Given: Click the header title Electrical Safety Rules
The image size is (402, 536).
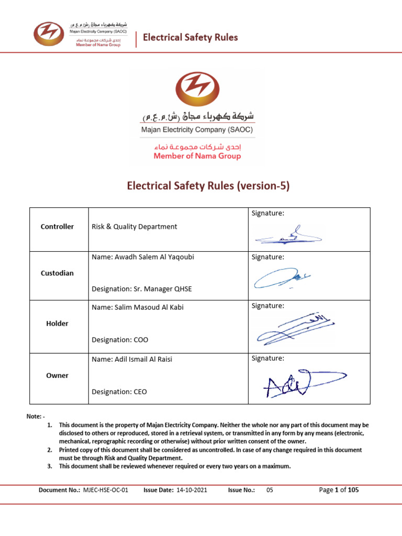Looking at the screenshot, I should pyautogui.click(x=191, y=37).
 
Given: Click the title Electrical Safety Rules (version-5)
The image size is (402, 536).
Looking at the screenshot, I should pyautogui.click(x=200, y=186).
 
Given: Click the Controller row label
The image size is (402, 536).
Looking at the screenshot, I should pyautogui.click(x=57, y=227).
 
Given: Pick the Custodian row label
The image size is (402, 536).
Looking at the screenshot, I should pyautogui.click(x=57, y=273).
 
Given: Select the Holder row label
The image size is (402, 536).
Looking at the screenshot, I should pyautogui.click(x=57, y=323).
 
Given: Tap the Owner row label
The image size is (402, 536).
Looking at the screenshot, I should pyautogui.click(x=57, y=375).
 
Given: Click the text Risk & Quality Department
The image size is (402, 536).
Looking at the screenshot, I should pyautogui.click(x=135, y=227).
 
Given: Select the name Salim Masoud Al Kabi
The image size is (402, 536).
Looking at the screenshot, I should pyautogui.click(x=137, y=307).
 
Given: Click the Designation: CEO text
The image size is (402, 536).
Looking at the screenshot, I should pyautogui.click(x=120, y=392).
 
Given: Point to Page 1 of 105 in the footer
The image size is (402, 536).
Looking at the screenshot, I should pyautogui.click(x=339, y=490).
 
